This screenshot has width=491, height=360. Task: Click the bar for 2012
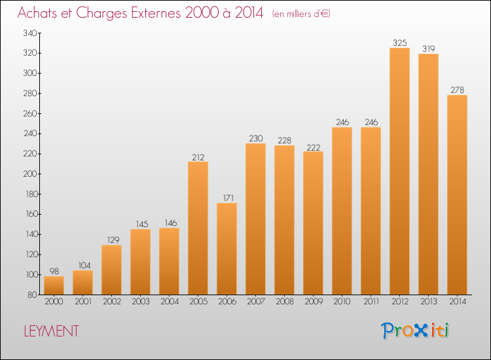(399, 171)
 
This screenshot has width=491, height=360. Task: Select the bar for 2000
(54, 285)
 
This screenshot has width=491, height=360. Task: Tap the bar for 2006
(227, 249)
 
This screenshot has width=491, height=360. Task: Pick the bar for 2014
(457, 194)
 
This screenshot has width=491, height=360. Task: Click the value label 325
(400, 43)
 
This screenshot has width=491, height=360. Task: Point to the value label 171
(228, 198)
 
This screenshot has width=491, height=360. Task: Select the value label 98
(54, 272)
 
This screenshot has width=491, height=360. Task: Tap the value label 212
(198, 157)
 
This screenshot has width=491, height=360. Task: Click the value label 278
(457, 90)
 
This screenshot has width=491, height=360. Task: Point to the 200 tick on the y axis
(30, 174)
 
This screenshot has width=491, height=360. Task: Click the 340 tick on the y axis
(30, 33)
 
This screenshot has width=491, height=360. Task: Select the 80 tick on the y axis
(32, 295)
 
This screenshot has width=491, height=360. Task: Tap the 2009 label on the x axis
(314, 302)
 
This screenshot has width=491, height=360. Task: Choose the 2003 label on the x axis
(141, 302)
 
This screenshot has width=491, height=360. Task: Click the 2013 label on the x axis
(428, 302)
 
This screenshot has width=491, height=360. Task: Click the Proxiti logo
(415, 331)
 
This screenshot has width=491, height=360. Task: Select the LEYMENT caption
(51, 331)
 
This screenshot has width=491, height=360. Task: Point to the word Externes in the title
(156, 12)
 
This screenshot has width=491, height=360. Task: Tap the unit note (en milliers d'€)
(301, 14)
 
